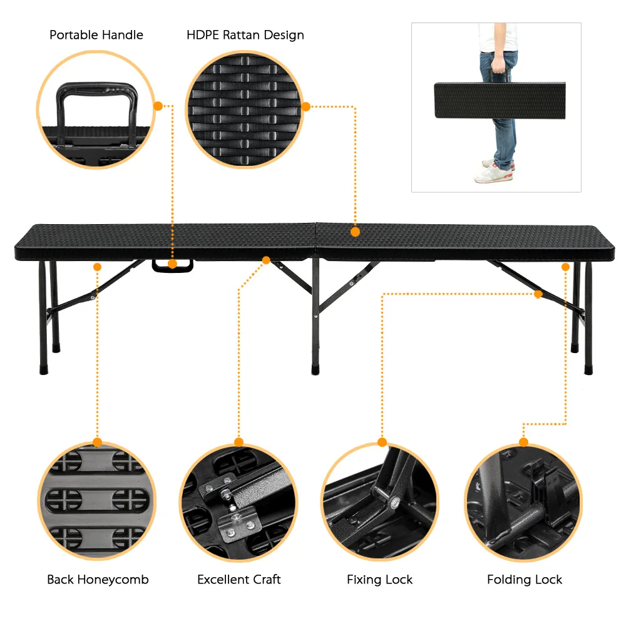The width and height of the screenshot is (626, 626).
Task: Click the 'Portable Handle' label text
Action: click(x=96, y=35)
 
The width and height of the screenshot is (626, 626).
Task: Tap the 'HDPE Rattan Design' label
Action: click(x=245, y=35)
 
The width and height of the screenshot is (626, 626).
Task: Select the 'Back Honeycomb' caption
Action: click(x=98, y=580)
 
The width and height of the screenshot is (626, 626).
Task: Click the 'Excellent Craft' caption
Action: click(x=239, y=580)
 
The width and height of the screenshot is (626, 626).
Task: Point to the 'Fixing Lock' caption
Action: click(x=380, y=580)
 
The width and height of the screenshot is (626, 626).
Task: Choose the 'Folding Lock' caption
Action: click(x=525, y=580)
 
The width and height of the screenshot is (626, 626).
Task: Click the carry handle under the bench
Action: click(x=172, y=265)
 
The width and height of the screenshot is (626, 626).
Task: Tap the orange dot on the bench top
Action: click(x=355, y=232)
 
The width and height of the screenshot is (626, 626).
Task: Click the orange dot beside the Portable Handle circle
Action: click(x=158, y=106)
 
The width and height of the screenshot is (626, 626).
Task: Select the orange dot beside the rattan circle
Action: click(x=306, y=106)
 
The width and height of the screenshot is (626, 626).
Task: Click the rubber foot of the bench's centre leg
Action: click(x=315, y=370)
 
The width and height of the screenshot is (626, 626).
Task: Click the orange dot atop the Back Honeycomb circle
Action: click(x=97, y=442)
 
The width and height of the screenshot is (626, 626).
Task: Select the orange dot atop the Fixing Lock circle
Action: click(x=382, y=442)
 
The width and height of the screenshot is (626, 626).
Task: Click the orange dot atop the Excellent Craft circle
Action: click(x=238, y=442)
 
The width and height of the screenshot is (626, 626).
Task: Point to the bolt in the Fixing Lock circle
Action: click(x=394, y=501)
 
